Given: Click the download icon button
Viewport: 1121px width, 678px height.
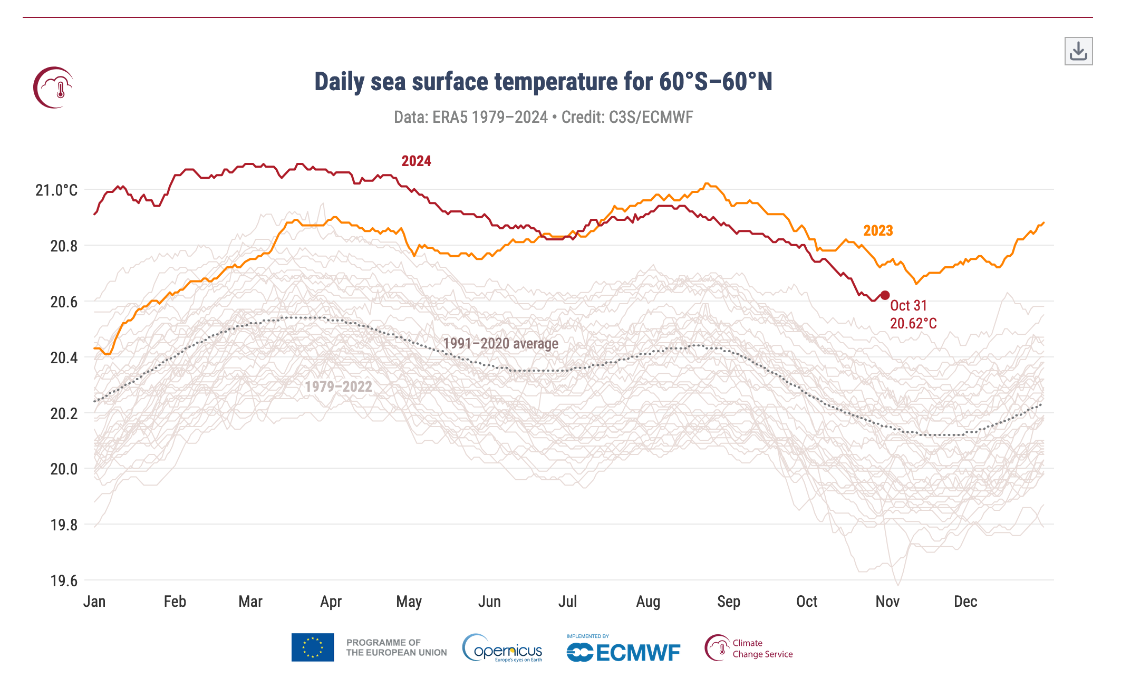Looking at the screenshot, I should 1078,51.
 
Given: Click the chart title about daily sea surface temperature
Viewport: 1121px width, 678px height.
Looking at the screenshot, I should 543,82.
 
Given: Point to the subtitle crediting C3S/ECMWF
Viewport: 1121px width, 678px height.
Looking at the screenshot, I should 543,117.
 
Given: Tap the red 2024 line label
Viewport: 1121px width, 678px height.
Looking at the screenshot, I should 416,161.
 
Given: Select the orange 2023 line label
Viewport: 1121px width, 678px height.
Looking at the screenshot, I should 878,230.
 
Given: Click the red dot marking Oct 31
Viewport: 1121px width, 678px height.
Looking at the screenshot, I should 885,295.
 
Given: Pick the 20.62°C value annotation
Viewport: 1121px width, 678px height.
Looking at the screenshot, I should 913,323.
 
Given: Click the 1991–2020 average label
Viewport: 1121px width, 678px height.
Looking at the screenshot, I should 500,344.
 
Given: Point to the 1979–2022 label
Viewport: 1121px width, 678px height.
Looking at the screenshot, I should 338,386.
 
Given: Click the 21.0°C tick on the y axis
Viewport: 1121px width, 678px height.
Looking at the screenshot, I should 56,190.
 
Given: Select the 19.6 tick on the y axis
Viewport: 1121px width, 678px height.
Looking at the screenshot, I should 64,580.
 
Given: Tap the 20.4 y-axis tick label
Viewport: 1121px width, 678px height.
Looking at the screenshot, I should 64,357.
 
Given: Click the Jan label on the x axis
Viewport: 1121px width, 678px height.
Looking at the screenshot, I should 94,602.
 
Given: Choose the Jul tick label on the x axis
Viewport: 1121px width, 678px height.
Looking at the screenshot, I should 567,602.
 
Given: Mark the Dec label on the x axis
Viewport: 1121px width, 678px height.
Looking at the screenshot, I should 965,602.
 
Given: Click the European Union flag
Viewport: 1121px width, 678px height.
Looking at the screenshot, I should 313,647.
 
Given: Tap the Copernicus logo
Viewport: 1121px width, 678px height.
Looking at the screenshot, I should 502,648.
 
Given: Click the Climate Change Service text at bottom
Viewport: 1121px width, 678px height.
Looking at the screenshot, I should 762,648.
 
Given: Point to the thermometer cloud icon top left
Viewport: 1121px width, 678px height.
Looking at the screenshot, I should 54,88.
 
